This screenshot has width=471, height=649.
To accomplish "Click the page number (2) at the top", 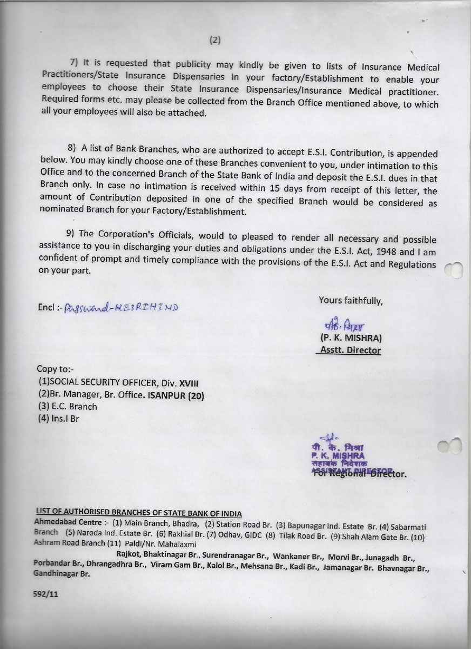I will tap(216, 39).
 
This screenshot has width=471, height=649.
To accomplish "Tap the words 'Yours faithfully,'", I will tap(350, 300).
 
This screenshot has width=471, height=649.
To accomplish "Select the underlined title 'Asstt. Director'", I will tap(349, 350).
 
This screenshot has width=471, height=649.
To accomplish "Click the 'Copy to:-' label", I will tap(55, 369).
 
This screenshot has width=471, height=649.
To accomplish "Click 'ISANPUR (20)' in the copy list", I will tap(176, 395).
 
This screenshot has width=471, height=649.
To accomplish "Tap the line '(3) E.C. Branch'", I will tap(67, 407).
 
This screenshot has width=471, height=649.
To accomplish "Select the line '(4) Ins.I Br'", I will tap(58, 419).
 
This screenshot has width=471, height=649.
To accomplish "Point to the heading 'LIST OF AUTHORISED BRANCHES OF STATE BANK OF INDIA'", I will tap(138, 513).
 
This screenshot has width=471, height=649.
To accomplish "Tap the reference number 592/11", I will tap(45, 593).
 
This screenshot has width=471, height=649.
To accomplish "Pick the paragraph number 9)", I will tap(71, 233).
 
